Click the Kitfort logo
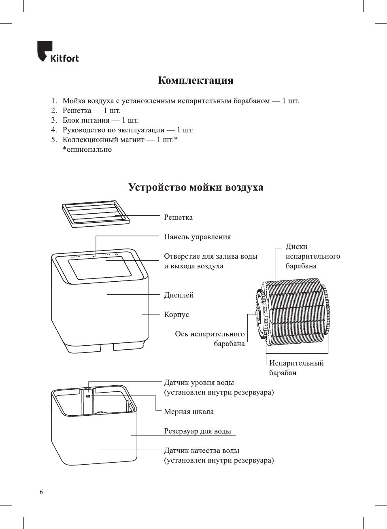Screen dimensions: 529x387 click(58, 52)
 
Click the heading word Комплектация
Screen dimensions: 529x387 click(196, 80)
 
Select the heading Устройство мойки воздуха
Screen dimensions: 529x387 click(196, 187)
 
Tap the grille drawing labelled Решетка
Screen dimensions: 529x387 click(96, 213)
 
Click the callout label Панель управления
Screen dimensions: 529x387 click(197, 237)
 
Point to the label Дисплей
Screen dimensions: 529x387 click(179, 295)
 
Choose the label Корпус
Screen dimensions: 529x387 click(176, 314)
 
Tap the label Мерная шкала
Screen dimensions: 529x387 click(189, 412)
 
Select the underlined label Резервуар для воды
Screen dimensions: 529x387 click(198, 431)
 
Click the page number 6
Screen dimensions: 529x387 click(41, 492)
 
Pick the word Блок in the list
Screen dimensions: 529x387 click(71, 120)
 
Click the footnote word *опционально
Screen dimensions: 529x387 click(87, 149)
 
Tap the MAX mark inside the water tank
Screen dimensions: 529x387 click(88, 396)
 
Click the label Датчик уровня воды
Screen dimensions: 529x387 click(199, 382)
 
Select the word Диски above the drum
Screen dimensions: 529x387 click(296, 246)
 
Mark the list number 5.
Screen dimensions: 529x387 click(54, 140)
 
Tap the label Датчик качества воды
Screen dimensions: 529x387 click(201, 450)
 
